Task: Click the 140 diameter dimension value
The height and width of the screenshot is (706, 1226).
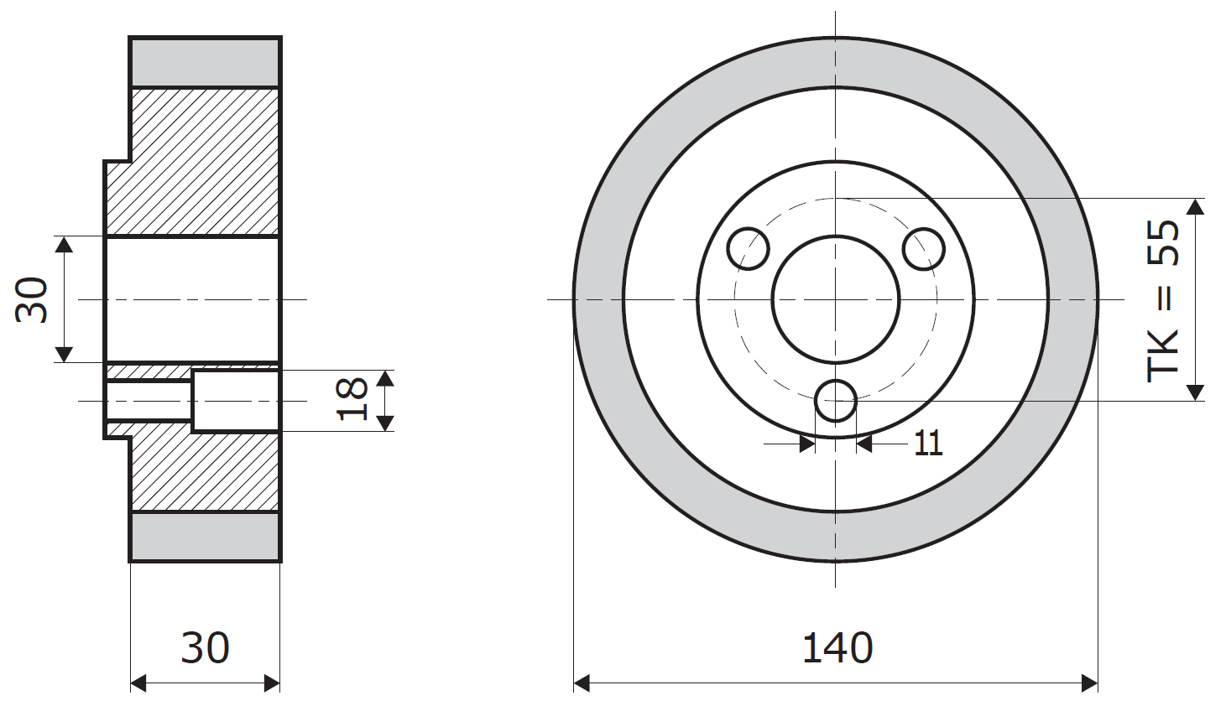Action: pos(837,648)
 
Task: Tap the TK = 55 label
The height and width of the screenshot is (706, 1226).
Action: pos(1162,301)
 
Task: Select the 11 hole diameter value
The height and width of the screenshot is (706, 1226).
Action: pos(928,443)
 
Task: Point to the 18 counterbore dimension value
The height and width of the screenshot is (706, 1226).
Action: pos(352,399)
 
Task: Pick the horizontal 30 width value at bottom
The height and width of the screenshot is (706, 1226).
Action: pos(206,648)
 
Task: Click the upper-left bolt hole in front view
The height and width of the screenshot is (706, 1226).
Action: pos(749,249)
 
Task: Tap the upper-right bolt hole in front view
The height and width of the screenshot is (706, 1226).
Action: pos(924,249)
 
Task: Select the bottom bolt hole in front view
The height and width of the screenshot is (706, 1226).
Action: pos(836,401)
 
